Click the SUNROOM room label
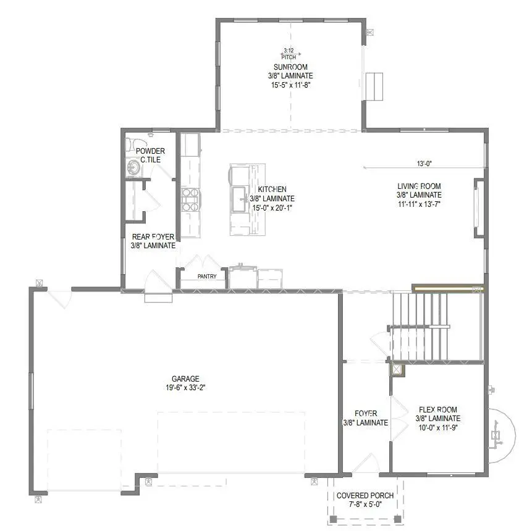[290, 67]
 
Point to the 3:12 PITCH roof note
[289, 53]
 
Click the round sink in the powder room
[132, 166]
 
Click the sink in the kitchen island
[239, 196]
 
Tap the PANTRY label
[207, 277]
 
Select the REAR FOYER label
[153, 236]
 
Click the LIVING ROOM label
[419, 186]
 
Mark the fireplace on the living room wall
[478, 207]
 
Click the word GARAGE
[185, 379]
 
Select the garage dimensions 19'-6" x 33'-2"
[185, 388]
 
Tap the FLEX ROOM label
[437, 410]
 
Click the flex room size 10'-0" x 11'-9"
[437, 427]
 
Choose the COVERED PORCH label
[366, 496]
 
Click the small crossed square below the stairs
[396, 370]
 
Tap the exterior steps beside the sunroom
[375, 85]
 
